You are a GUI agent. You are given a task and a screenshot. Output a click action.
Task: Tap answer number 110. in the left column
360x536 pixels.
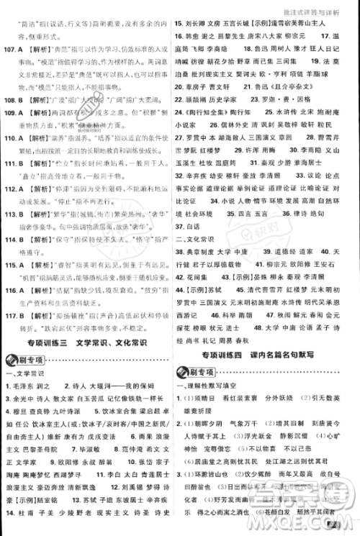click(13, 133)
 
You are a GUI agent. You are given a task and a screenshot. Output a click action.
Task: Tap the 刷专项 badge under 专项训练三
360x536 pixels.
click(27, 359)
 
